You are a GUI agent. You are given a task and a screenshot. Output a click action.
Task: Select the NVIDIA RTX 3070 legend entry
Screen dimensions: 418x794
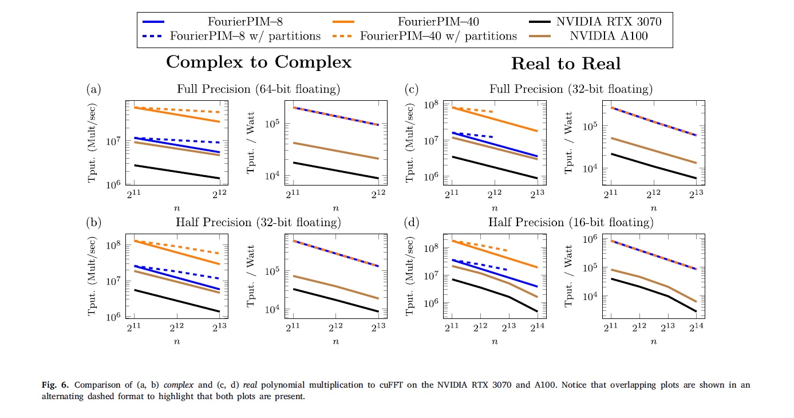tap(609, 22)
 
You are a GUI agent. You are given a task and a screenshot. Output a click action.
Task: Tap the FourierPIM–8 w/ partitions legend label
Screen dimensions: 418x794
tap(245, 36)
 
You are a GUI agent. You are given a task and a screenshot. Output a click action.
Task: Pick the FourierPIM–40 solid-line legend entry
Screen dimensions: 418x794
tap(438, 22)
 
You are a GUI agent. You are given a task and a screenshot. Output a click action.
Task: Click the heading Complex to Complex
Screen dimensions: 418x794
tap(259, 62)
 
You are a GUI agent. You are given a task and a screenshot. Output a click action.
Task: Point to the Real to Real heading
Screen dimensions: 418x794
tap(566, 64)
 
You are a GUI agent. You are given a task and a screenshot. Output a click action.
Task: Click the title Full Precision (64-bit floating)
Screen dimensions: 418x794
tap(258, 89)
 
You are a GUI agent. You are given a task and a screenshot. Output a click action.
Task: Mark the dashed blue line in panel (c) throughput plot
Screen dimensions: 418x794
tap(475, 135)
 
